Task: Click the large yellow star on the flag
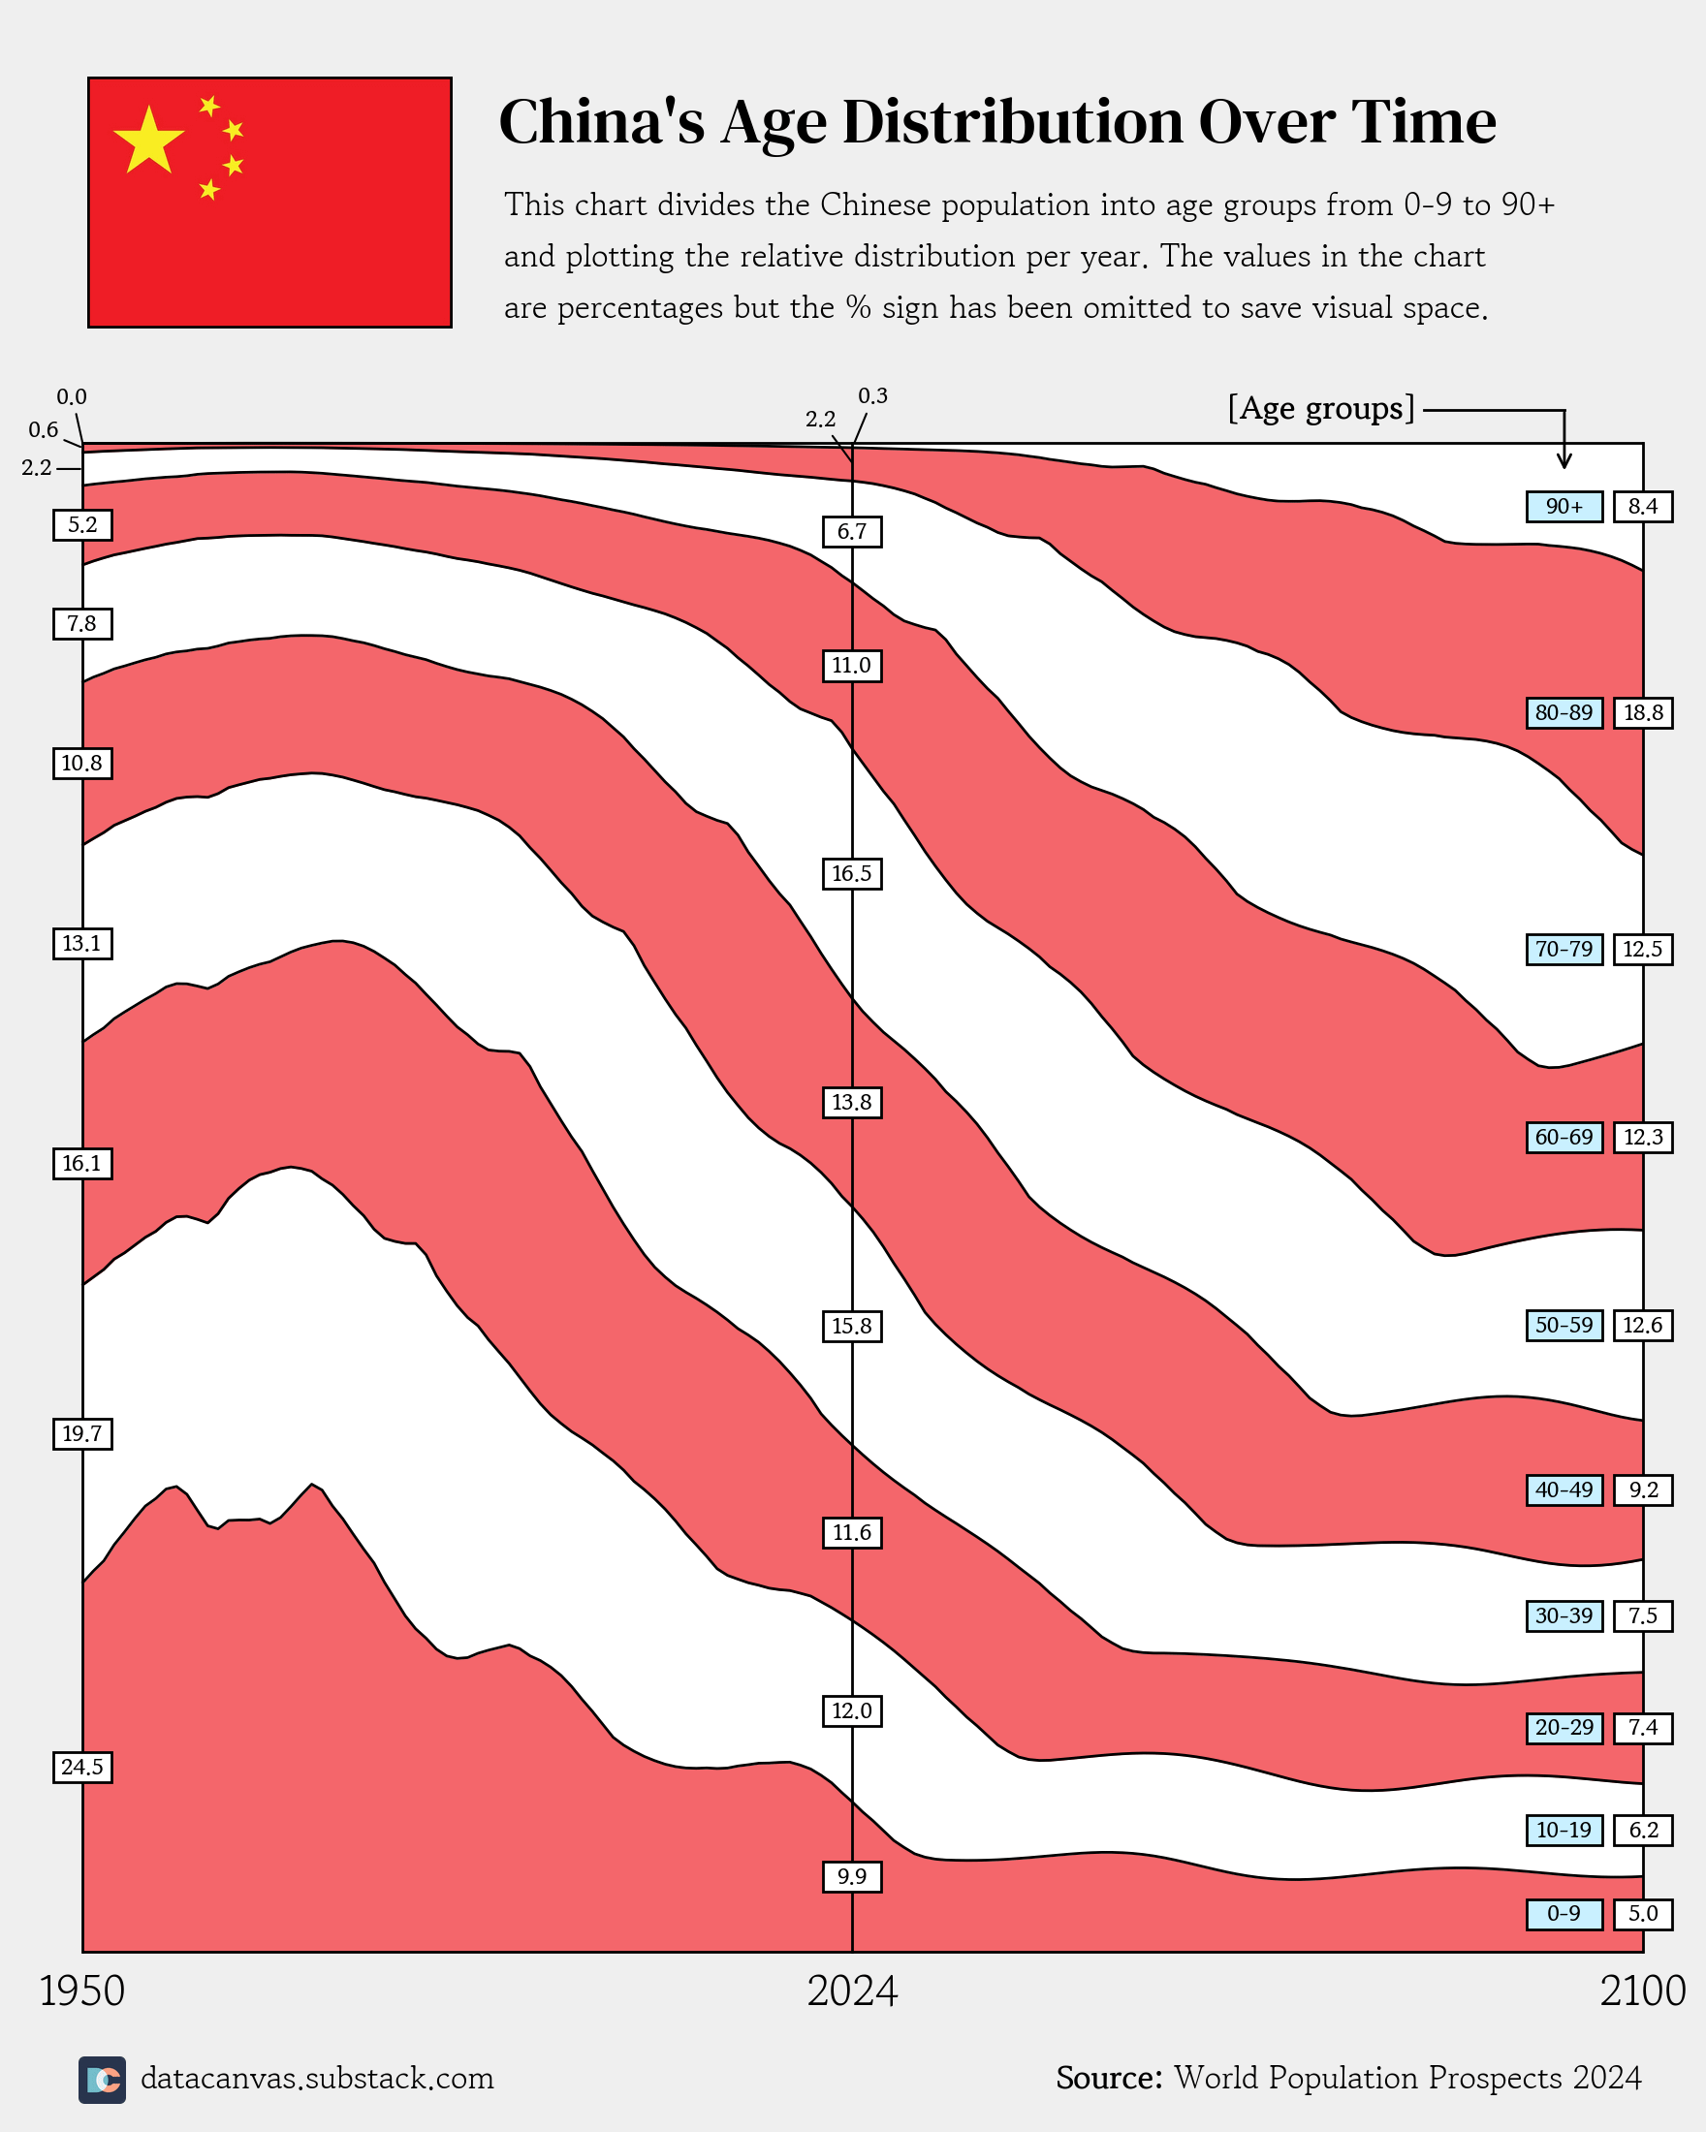pyautogui.click(x=148, y=140)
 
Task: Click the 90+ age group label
pyautogui.click(x=1564, y=506)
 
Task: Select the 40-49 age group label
pyautogui.click(x=1564, y=1489)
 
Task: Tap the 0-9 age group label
pyautogui.click(x=1564, y=1913)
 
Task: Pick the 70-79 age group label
pyautogui.click(x=1564, y=950)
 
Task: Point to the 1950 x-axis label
pyautogui.click(x=82, y=1991)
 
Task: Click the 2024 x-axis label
pyautogui.click(x=851, y=1991)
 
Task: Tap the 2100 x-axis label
pyautogui.click(x=1643, y=1991)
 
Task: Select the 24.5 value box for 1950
pyautogui.click(x=82, y=1767)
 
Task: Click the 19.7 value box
pyautogui.click(x=82, y=1434)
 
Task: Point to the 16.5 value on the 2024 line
pyautogui.click(x=851, y=874)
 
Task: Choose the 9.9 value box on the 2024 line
pyautogui.click(x=851, y=1877)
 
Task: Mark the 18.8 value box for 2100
pyautogui.click(x=1643, y=713)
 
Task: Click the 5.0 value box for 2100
pyautogui.click(x=1643, y=1913)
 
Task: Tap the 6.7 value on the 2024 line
pyautogui.click(x=851, y=532)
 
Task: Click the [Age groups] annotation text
pyautogui.click(x=1321, y=408)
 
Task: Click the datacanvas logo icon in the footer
pyautogui.click(x=102, y=2080)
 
